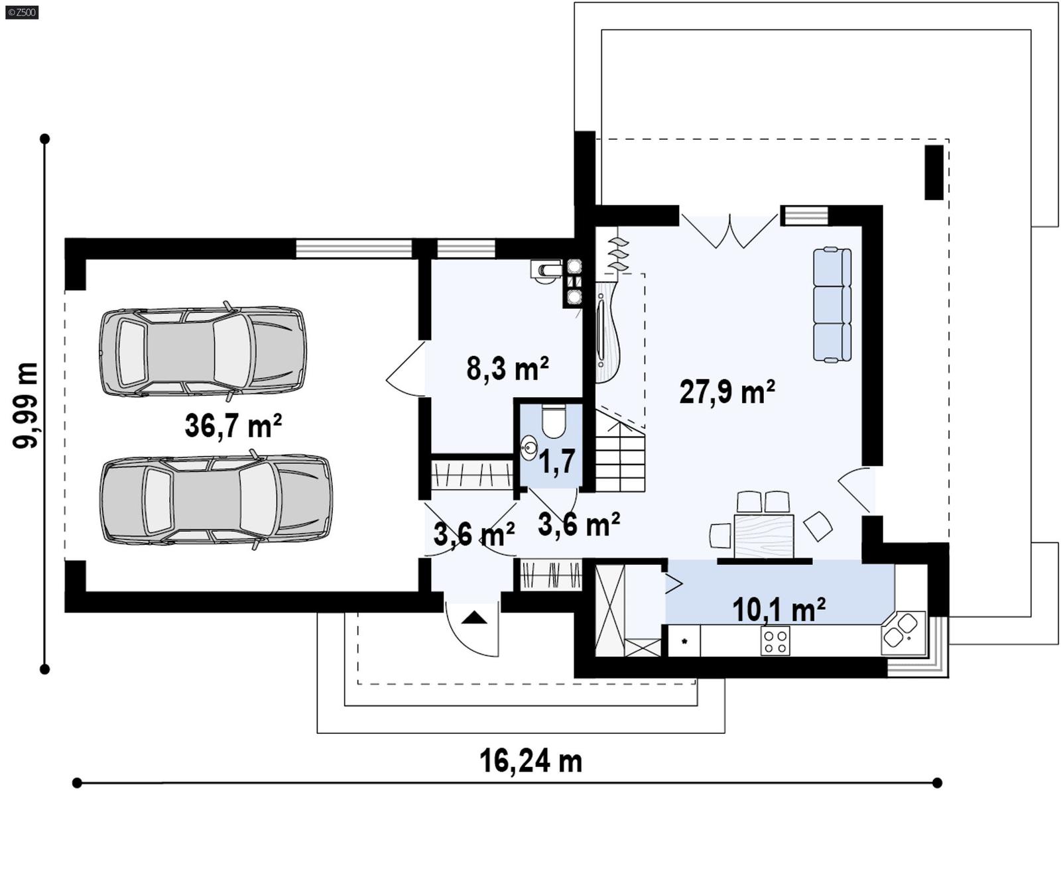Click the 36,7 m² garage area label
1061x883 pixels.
point(233,426)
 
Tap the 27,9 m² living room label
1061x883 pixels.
point(727,392)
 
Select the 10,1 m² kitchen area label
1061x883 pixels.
point(779,609)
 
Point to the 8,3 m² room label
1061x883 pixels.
point(507,368)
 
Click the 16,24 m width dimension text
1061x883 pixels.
point(530,761)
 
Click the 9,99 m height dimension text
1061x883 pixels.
point(26,405)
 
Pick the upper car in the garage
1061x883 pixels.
point(202,351)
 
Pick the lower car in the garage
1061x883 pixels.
point(216,500)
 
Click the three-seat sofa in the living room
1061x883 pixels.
point(832,304)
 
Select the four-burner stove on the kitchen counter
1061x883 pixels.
point(775,640)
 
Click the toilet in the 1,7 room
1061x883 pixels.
point(553,422)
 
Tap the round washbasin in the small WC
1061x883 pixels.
point(529,448)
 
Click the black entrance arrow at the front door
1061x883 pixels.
point(474,618)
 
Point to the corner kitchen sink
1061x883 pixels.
point(902,630)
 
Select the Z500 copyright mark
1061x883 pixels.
point(21,12)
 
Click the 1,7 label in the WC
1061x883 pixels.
point(557,462)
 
